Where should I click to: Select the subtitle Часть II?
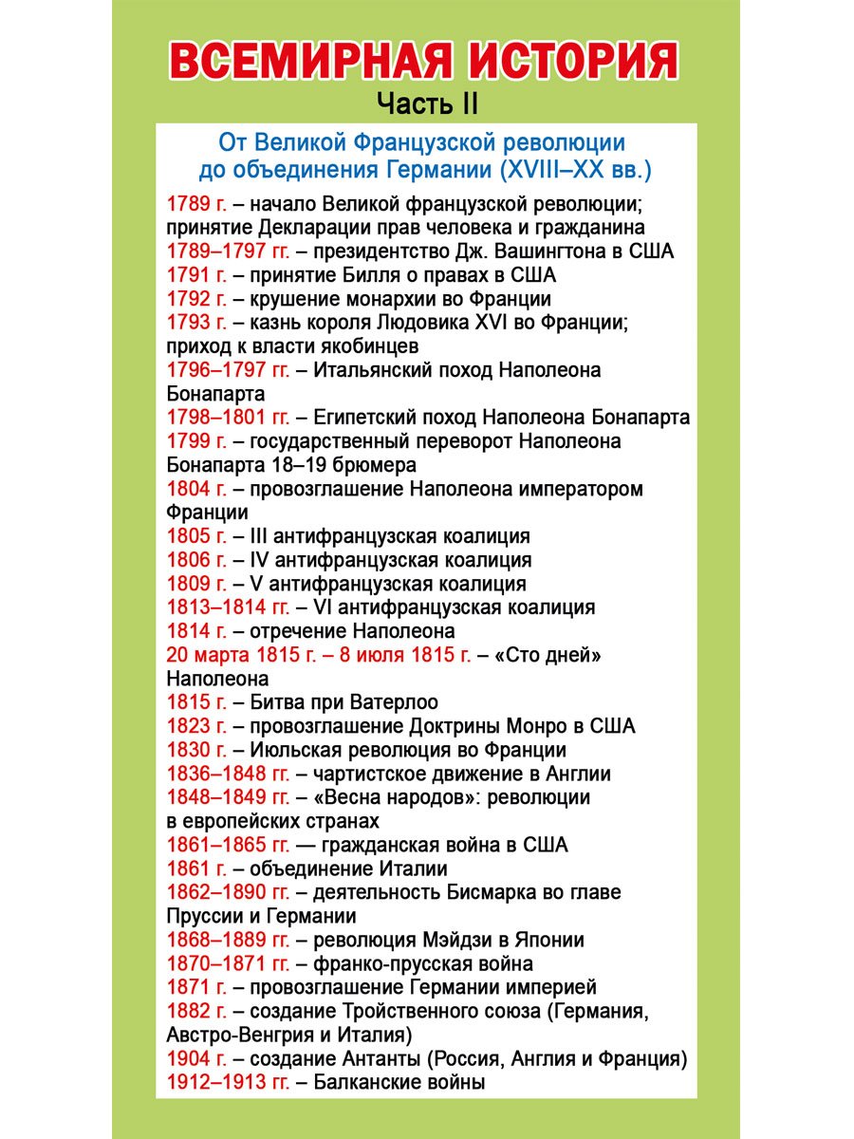(x=427, y=102)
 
